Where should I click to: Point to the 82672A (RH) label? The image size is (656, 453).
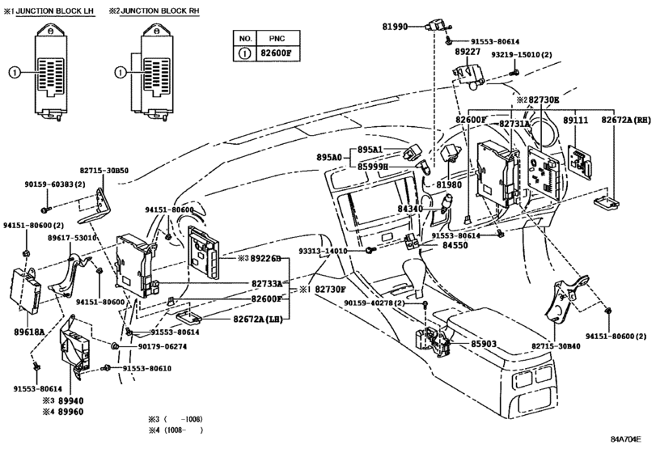pos(626,120)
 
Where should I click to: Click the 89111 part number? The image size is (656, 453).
pos(574,120)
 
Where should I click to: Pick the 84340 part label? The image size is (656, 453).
pos(410,209)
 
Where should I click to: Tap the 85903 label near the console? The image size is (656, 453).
pos(487,344)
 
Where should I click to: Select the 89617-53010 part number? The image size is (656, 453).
pos(73,238)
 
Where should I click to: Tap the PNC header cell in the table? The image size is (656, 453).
pos(277,39)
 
